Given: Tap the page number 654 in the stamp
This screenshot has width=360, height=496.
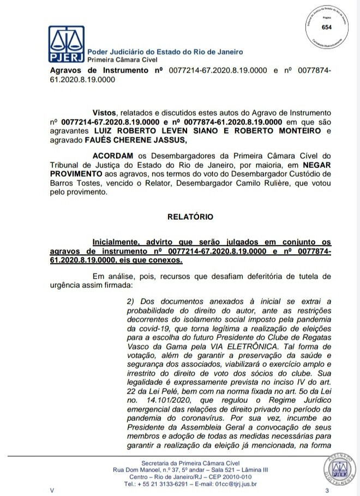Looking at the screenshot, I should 327,28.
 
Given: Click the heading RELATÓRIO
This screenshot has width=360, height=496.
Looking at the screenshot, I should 190,216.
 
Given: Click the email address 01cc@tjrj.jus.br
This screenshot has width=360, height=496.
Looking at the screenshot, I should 237,483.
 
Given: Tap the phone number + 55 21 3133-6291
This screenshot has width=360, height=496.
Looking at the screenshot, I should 159,483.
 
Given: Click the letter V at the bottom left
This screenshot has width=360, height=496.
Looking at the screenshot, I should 52,491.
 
